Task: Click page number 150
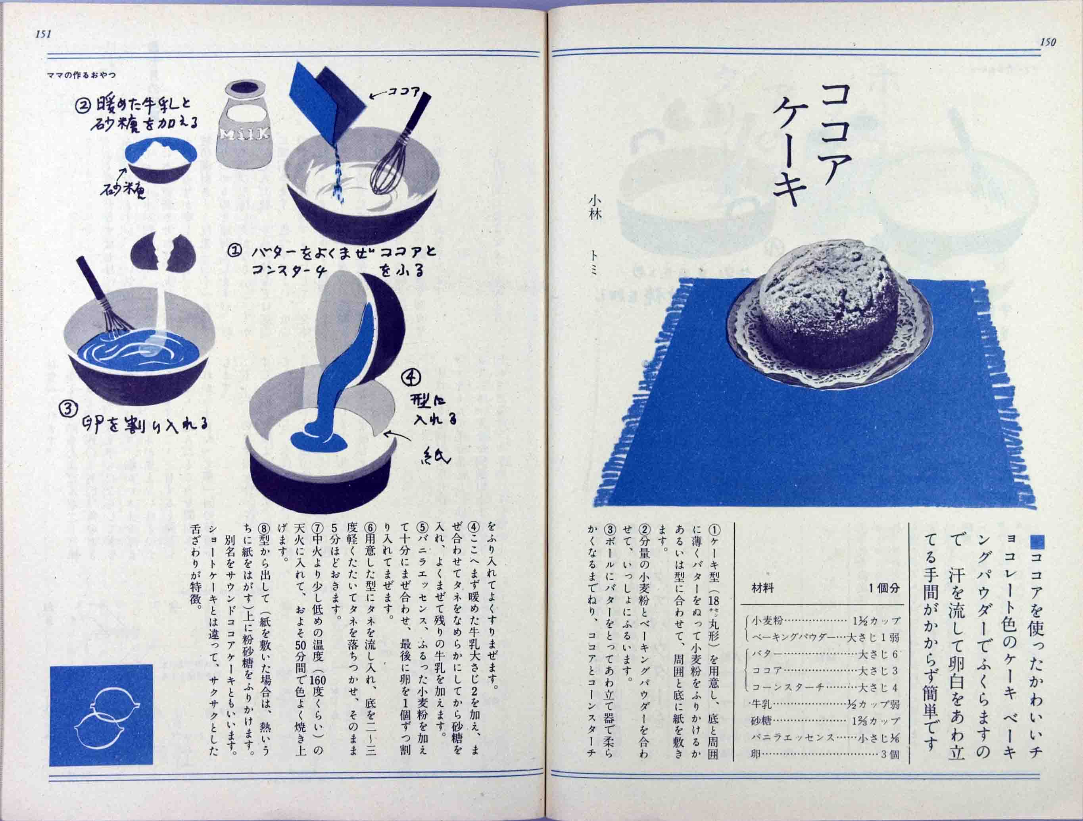pyautogui.click(x=1048, y=42)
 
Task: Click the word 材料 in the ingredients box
pyautogui.click(x=762, y=587)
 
